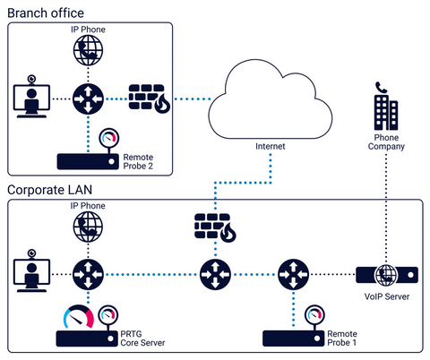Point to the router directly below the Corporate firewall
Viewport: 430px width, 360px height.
(215, 272)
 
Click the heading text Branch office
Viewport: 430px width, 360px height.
(46, 13)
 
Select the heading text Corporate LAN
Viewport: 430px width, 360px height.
(50, 190)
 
